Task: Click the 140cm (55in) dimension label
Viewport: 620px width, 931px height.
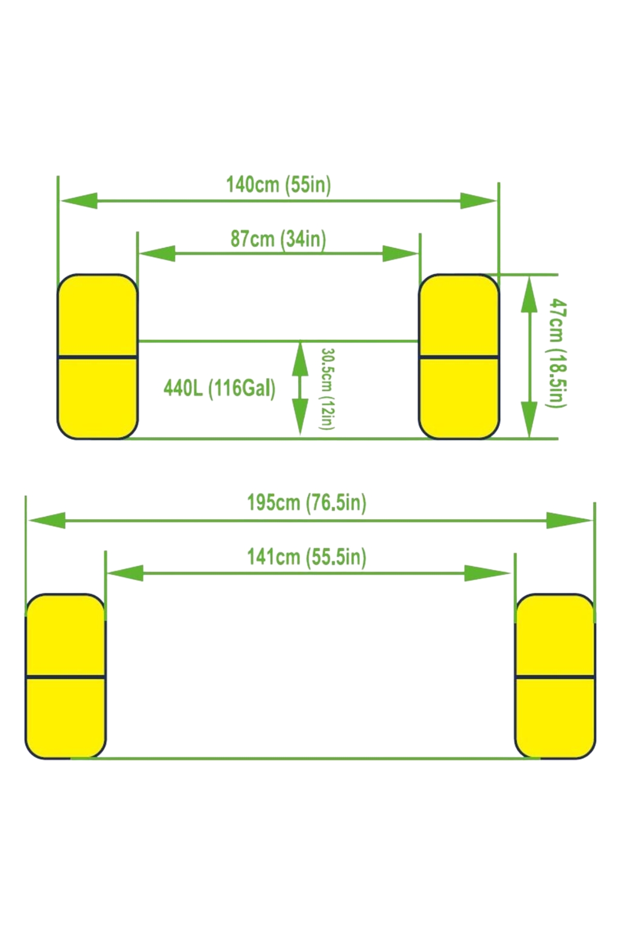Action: click(x=278, y=185)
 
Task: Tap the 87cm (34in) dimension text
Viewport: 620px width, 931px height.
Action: click(x=278, y=239)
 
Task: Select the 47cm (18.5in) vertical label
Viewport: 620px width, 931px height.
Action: click(x=558, y=353)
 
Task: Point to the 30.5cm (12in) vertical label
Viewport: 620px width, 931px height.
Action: click(x=328, y=388)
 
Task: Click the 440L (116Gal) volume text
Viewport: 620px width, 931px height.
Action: click(x=220, y=388)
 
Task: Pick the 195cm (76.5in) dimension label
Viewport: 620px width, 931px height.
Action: click(x=306, y=502)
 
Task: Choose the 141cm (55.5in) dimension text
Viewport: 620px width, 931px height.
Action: click(x=306, y=557)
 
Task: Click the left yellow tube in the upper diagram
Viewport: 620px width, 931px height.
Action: click(x=97, y=357)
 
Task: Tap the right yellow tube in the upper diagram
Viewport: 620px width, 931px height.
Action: click(x=459, y=357)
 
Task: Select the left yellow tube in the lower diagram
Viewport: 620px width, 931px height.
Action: click(x=65, y=677)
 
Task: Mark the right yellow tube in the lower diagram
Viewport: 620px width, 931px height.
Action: click(x=555, y=677)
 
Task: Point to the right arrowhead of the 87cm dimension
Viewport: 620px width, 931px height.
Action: click(x=400, y=253)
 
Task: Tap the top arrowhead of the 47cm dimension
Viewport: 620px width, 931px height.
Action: click(x=529, y=294)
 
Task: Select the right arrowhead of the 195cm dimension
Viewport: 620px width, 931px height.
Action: click(x=570, y=520)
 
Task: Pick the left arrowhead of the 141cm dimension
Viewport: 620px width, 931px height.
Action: click(x=125, y=573)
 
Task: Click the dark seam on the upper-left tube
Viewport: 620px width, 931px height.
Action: click(x=97, y=357)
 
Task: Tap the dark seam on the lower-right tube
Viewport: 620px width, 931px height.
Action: click(x=555, y=677)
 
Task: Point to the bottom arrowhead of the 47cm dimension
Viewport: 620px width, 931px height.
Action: click(x=529, y=419)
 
